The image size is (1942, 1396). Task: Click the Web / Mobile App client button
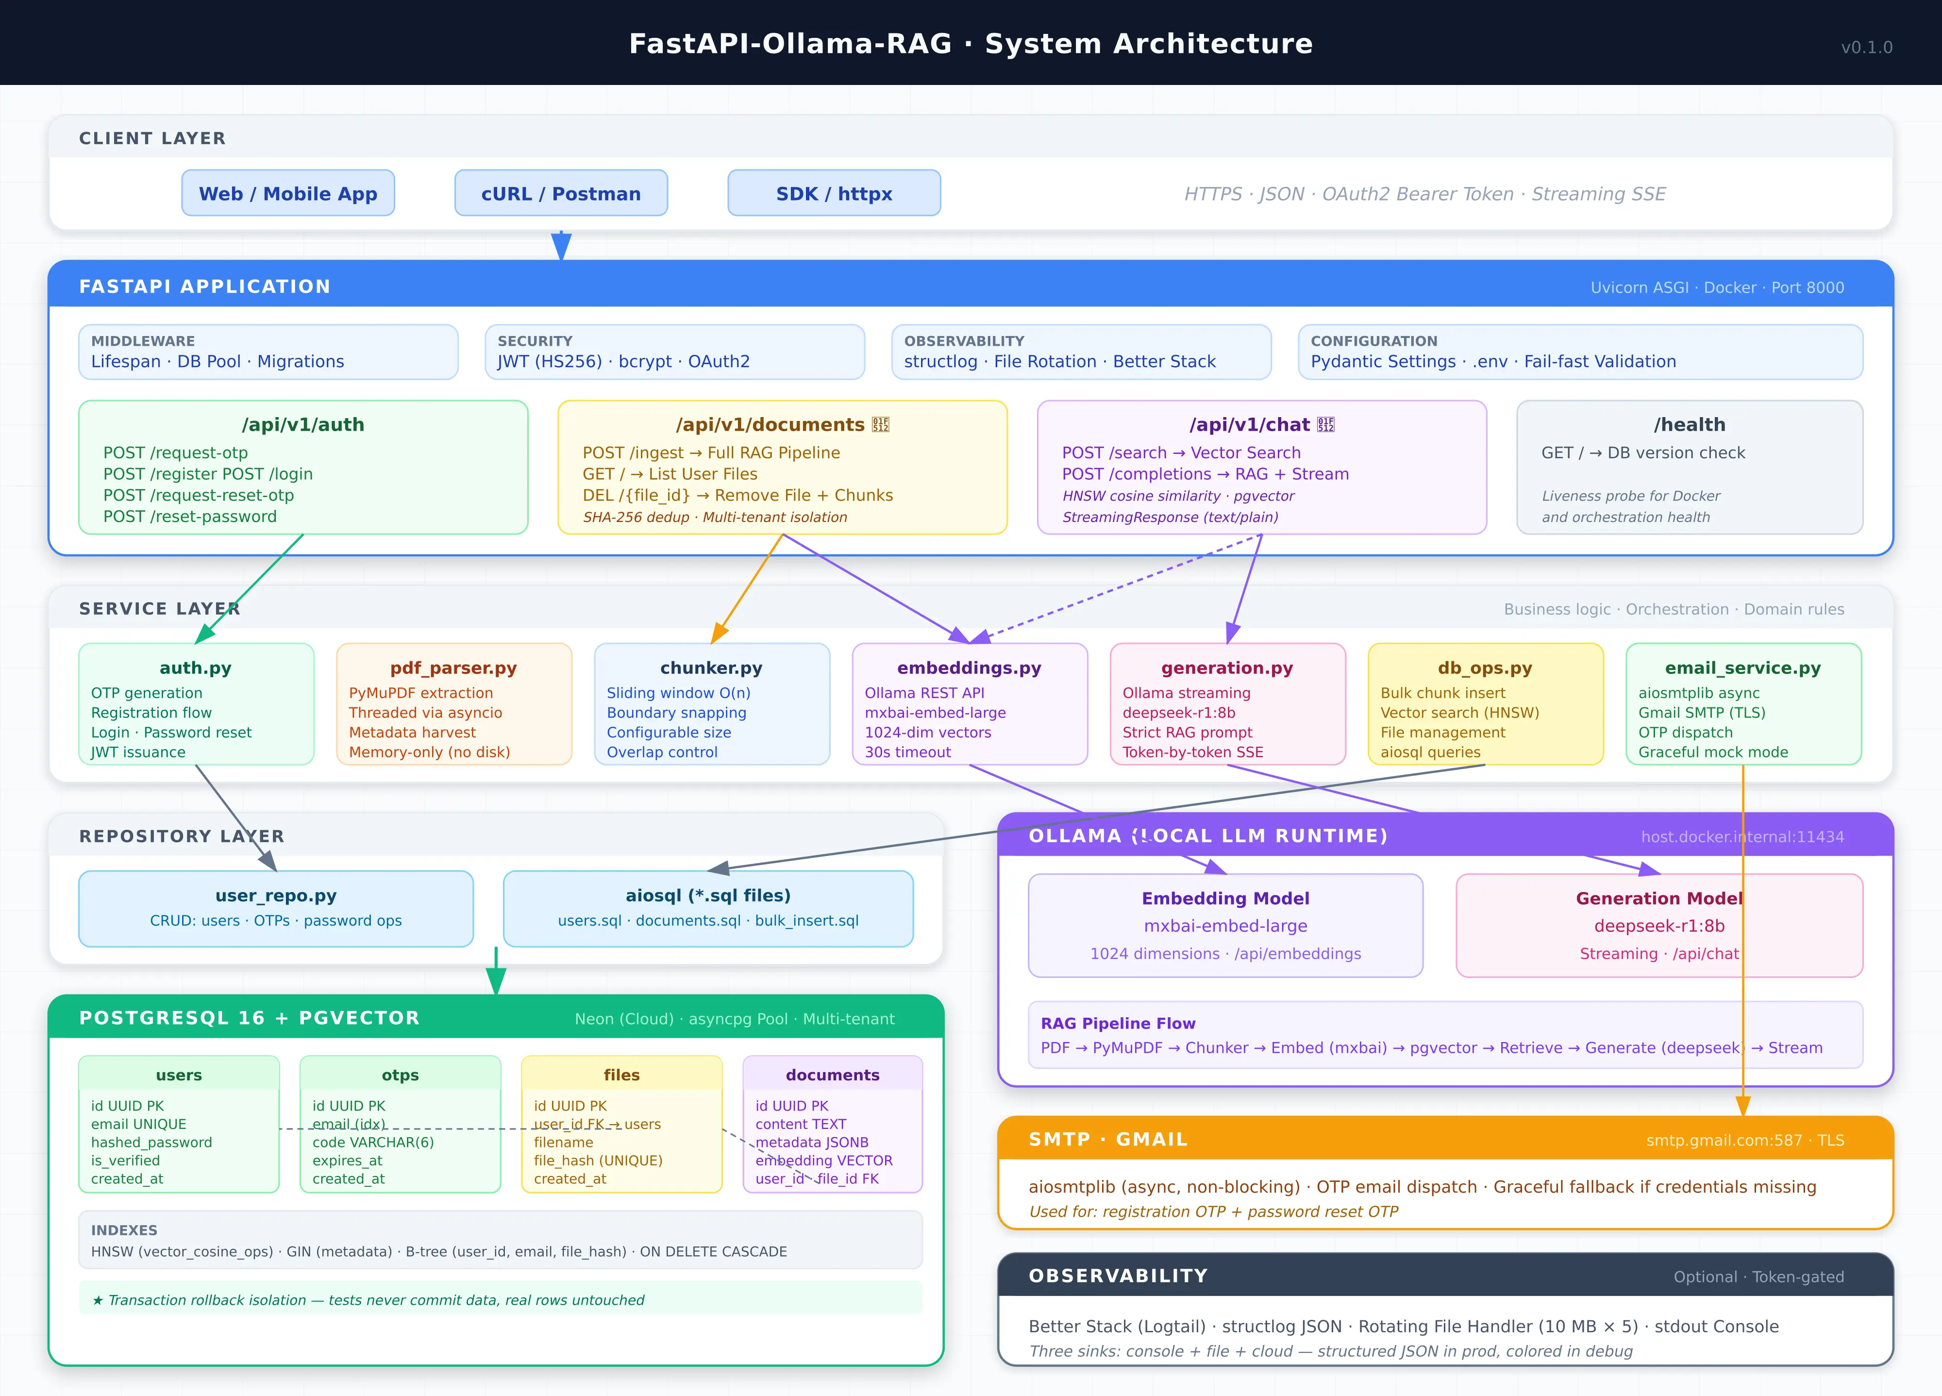[x=288, y=194]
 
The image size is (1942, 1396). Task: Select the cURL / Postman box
[x=561, y=194]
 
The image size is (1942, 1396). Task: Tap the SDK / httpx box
[x=834, y=194]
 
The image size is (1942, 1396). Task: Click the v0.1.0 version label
[x=1867, y=47]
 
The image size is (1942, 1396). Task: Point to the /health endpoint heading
[x=1690, y=425]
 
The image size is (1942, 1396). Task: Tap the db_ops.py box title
[x=1485, y=668]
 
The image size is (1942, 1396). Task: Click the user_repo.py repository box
[x=276, y=908]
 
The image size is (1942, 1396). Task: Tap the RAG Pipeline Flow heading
[x=1118, y=1024]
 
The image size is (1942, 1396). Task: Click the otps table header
[x=400, y=1075]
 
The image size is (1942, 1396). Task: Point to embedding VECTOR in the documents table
[x=824, y=1161]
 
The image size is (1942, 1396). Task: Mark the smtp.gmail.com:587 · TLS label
[x=1745, y=1140]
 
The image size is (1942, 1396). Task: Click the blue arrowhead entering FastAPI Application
[x=561, y=247]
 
